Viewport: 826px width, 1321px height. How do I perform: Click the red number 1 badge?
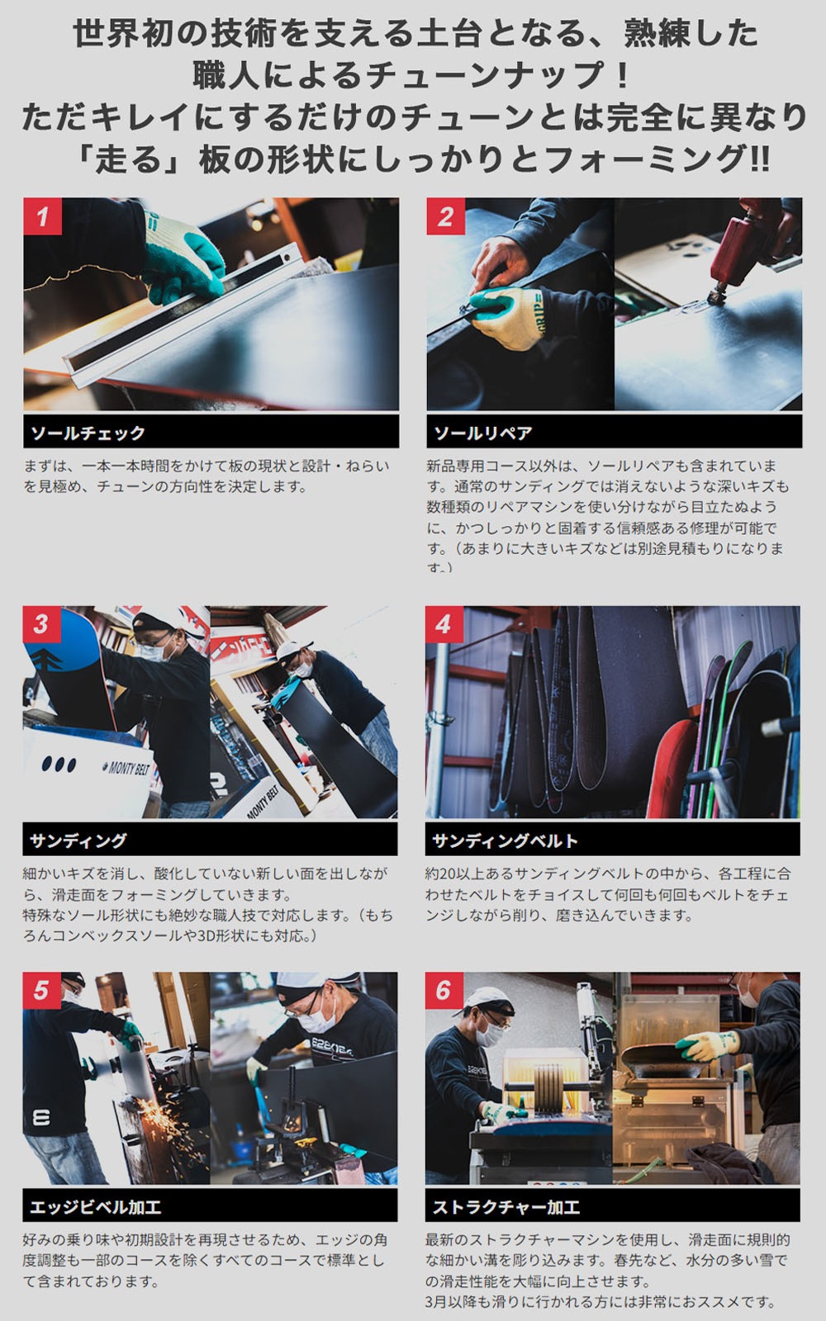pyautogui.click(x=42, y=216)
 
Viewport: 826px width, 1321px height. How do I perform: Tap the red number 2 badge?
pyautogui.click(x=445, y=216)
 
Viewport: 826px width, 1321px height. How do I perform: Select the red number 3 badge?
pyautogui.click(x=41, y=624)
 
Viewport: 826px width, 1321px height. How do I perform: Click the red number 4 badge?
pyautogui.click(x=444, y=624)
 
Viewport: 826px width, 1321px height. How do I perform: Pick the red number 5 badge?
pyautogui.click(x=41, y=990)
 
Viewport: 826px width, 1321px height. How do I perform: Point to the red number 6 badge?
pyautogui.click(x=444, y=990)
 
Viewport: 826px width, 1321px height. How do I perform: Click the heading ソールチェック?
pyautogui.click(x=88, y=433)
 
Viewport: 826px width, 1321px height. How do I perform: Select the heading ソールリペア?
pyautogui.click(x=483, y=433)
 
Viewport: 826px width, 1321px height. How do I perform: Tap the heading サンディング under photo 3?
pyautogui.click(x=78, y=840)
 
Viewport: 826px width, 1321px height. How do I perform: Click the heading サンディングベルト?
pyautogui.click(x=505, y=840)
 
